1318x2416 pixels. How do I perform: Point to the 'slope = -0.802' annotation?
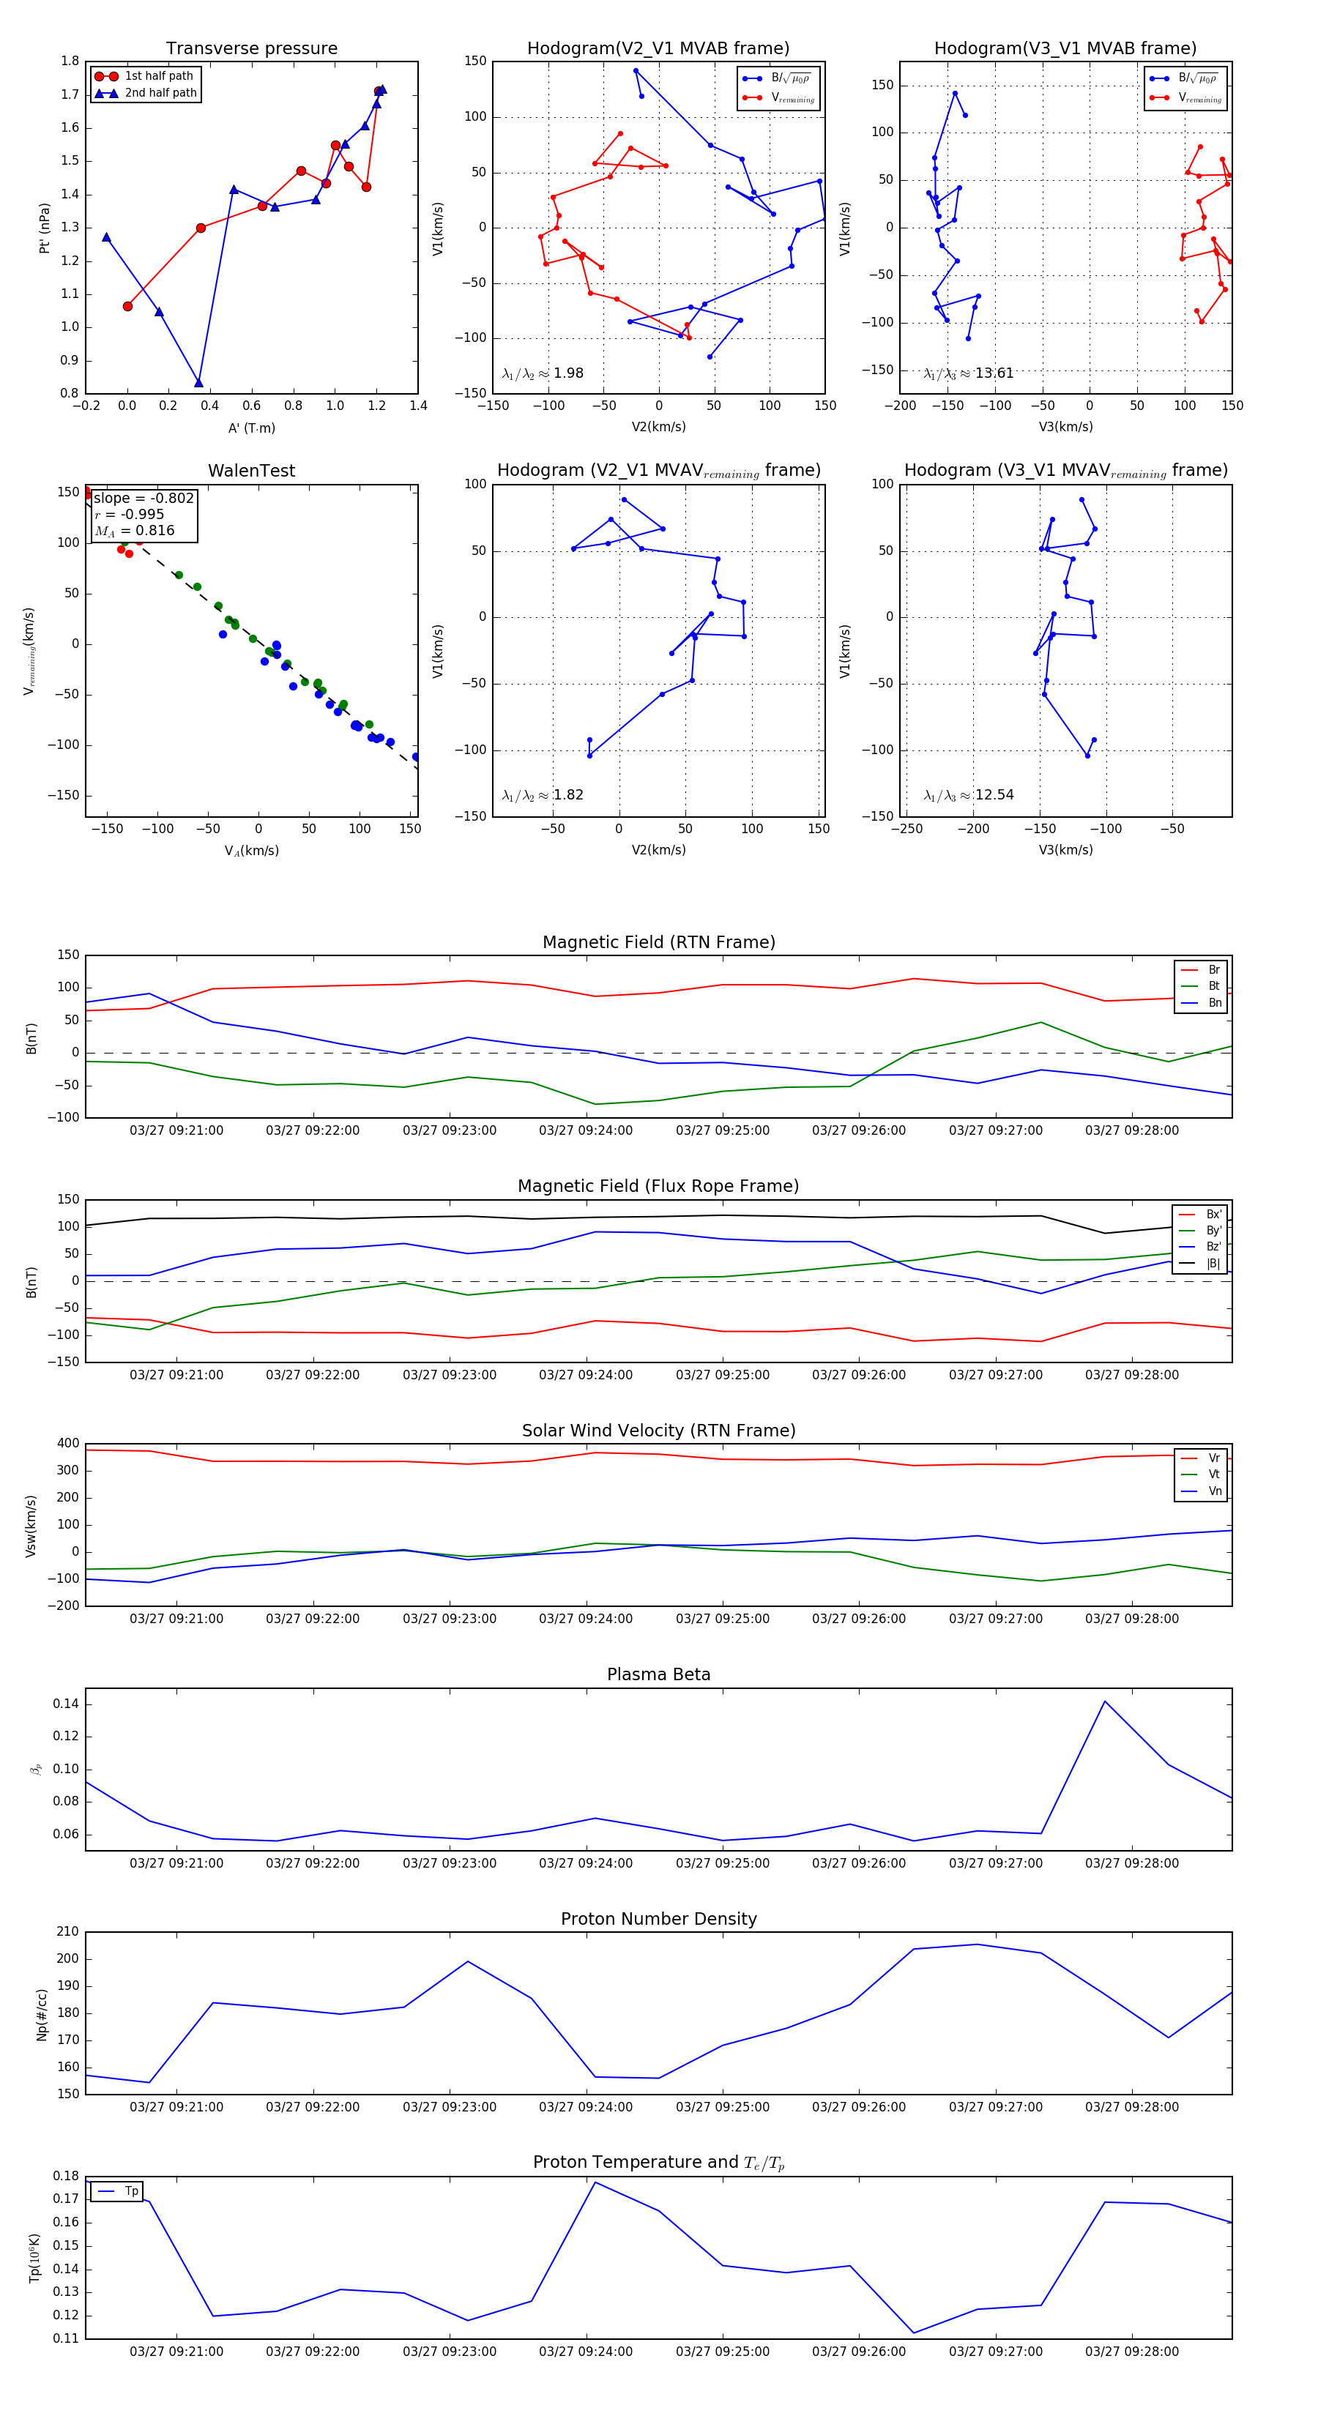click(x=144, y=498)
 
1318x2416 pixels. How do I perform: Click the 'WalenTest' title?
click(x=251, y=471)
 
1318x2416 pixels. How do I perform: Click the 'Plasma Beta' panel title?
click(x=658, y=1674)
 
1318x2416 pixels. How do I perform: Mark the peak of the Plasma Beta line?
click(x=1105, y=1701)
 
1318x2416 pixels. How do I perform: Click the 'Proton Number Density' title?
click(x=658, y=1919)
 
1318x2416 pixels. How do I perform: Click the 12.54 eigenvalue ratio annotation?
click(x=969, y=795)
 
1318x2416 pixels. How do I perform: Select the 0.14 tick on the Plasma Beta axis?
click(x=66, y=1704)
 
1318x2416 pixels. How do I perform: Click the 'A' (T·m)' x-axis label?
click(x=251, y=428)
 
